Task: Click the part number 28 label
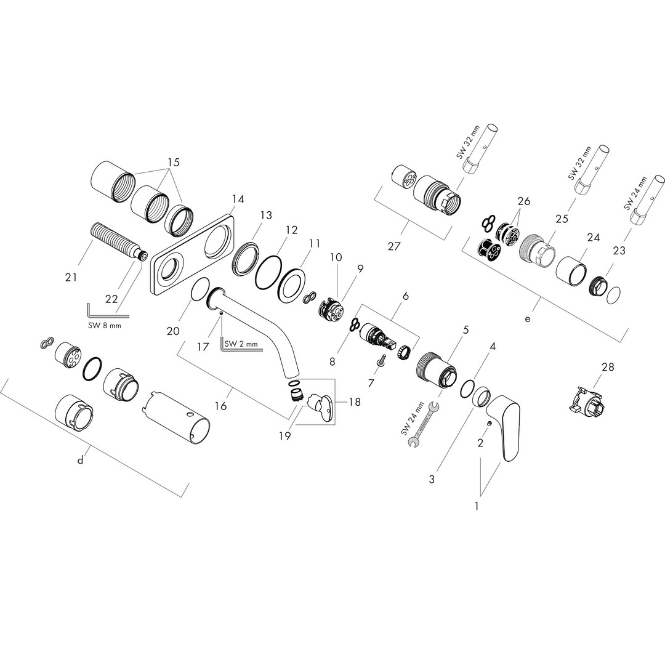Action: pyautogui.click(x=608, y=367)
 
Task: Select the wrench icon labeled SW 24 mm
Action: pyautogui.click(x=423, y=424)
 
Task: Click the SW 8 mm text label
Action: pyautogui.click(x=104, y=326)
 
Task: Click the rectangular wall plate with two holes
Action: pyautogui.click(x=191, y=253)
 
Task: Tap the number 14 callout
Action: pyautogui.click(x=238, y=199)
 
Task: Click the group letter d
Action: pyautogui.click(x=81, y=461)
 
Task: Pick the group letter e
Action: pyautogui.click(x=527, y=318)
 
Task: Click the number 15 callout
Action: pyautogui.click(x=174, y=162)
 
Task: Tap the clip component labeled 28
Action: pyautogui.click(x=585, y=401)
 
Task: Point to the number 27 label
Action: pyautogui.click(x=394, y=246)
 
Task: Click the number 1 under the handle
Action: pyautogui.click(x=477, y=506)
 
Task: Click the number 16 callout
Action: pyautogui.click(x=220, y=406)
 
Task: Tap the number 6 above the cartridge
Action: pyautogui.click(x=405, y=296)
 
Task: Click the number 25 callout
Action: pyautogui.click(x=562, y=219)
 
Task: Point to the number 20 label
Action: pyautogui.click(x=172, y=331)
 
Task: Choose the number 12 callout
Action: pyautogui.click(x=291, y=230)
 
